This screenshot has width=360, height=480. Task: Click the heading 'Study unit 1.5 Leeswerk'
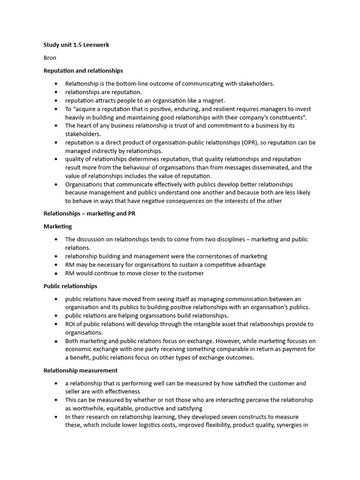(76, 45)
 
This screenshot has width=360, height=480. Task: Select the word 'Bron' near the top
(50, 58)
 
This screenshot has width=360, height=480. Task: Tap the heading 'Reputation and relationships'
(83, 71)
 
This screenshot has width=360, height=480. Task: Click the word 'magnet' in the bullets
(214, 100)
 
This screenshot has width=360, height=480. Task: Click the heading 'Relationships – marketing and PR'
(90, 213)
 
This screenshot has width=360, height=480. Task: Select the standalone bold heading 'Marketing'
(58, 226)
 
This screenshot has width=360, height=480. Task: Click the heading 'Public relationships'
(70, 286)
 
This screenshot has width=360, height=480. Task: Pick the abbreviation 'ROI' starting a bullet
(70, 324)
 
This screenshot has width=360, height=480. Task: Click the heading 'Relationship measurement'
(80, 370)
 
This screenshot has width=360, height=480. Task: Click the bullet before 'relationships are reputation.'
(56, 92)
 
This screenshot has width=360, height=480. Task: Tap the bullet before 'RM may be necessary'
(56, 265)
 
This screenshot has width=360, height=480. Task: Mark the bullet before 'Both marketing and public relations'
(56, 341)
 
